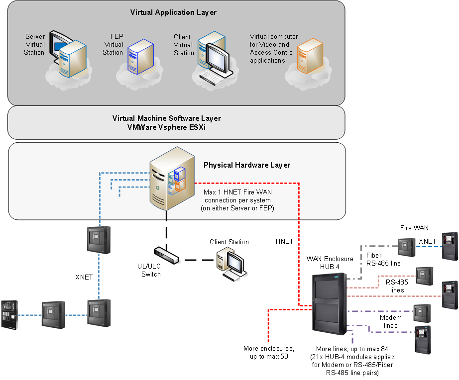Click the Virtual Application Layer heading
click(173, 12)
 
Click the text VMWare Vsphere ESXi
click(166, 127)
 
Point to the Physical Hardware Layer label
click(246, 165)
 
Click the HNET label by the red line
click(284, 241)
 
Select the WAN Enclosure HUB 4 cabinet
click(329, 303)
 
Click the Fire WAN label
click(414, 228)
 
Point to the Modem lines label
click(391, 321)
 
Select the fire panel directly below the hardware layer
click(99, 240)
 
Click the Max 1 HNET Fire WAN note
click(238, 200)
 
